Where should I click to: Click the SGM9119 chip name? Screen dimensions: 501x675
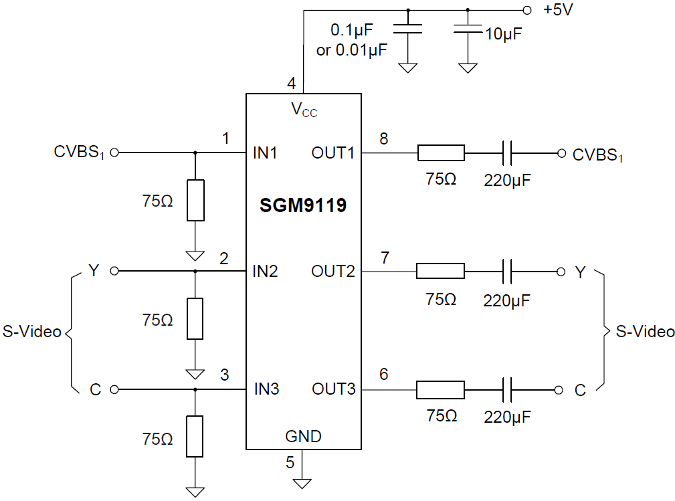pos(303,205)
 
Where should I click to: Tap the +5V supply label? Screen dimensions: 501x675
pos(557,10)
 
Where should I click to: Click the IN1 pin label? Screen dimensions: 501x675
pos(266,153)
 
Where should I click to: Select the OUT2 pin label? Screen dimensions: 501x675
pos(333,272)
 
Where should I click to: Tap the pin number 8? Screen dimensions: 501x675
pos(383,139)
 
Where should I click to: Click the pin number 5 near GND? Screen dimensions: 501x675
pos(290,462)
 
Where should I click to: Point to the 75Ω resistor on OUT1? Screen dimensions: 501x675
pos(441,153)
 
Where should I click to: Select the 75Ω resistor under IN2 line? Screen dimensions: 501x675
pos(195,319)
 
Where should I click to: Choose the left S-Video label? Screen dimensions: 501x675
pos(32,331)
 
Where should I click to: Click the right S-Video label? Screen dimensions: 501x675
pos(645,331)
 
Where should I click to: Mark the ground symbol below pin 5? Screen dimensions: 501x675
pos(302,482)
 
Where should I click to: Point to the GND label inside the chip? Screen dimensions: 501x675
pos(303,437)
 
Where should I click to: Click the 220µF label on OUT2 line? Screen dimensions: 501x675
pos(507,300)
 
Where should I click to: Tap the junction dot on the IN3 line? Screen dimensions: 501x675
pos(195,389)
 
